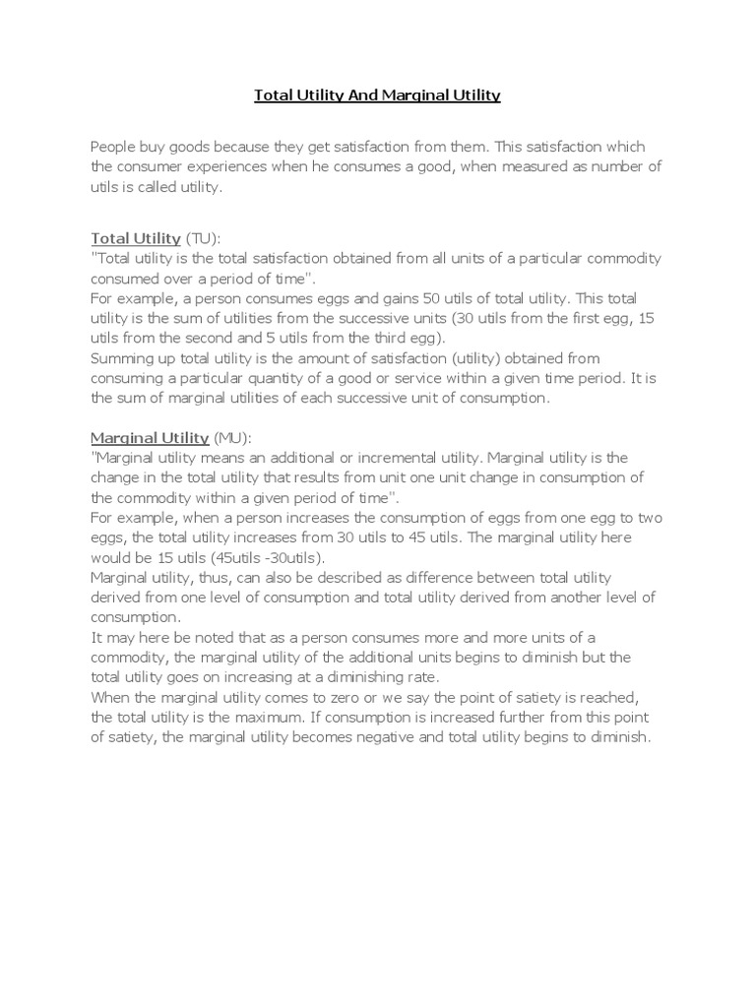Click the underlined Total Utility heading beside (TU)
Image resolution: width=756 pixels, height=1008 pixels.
point(136,238)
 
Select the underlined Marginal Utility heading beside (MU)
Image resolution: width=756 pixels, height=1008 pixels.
point(150,437)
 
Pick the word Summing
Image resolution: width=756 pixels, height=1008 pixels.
point(121,357)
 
